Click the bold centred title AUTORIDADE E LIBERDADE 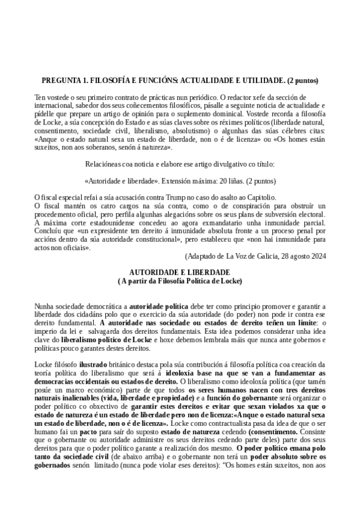click(x=180, y=272)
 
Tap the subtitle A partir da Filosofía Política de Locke click(x=180, y=281)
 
